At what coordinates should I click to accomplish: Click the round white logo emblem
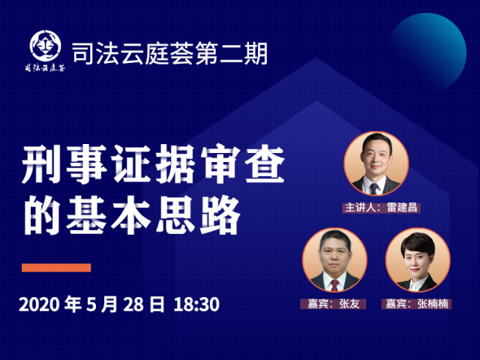pyautogui.click(x=45, y=46)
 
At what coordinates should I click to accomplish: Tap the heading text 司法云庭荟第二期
pyautogui.click(x=170, y=54)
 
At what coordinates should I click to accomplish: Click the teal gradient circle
pyautogui.click(x=427, y=52)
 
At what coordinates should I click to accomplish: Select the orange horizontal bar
pyautogui.click(x=56, y=268)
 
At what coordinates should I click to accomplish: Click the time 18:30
pyautogui.click(x=196, y=304)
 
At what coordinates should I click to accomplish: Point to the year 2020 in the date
pyautogui.click(x=39, y=304)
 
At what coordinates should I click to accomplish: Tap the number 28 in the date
pyautogui.click(x=133, y=304)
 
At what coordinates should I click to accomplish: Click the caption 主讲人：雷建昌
pyautogui.click(x=381, y=208)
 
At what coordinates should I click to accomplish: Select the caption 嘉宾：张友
pyautogui.click(x=333, y=304)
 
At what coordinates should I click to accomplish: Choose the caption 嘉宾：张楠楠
pyautogui.click(x=417, y=304)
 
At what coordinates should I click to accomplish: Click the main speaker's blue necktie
pyautogui.click(x=373, y=188)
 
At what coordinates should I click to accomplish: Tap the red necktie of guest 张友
pyautogui.click(x=334, y=285)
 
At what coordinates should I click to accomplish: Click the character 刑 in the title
pyautogui.click(x=41, y=164)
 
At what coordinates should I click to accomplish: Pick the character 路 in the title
pyautogui.click(x=220, y=215)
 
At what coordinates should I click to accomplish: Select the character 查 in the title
pyautogui.click(x=265, y=164)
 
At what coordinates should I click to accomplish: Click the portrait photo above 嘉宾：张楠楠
pyautogui.click(x=418, y=260)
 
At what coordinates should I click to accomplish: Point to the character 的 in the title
pyautogui.click(x=42, y=215)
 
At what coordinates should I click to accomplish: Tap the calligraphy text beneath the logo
pyautogui.click(x=45, y=67)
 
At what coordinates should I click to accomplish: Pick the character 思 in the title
pyautogui.click(x=175, y=215)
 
